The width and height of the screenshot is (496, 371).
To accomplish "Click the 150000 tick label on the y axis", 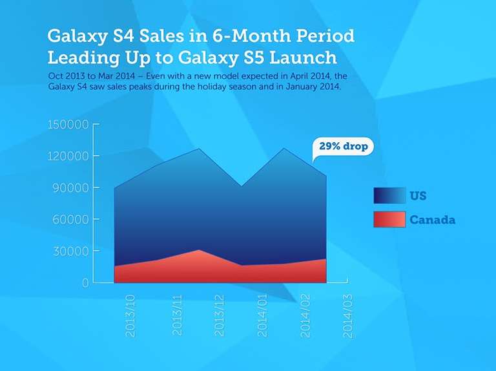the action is point(68,124).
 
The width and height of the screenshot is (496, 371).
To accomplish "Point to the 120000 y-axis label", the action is point(68,156).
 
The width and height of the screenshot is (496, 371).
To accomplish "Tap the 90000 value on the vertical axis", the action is point(71,187).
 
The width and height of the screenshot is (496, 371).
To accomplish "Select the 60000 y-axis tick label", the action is point(71,219).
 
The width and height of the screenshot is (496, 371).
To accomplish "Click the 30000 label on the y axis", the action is point(71,251).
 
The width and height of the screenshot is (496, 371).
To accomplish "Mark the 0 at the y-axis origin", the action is point(85,282).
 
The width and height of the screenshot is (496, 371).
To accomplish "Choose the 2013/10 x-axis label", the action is point(130,315).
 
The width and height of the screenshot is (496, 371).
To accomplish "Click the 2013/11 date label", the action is point(177,315).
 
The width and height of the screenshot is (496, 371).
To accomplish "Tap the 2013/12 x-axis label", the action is point(219,315).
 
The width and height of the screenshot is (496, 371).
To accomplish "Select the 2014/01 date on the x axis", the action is point(262,315).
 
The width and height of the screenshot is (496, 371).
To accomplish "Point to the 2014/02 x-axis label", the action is point(305,315).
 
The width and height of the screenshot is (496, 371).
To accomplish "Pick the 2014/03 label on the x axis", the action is point(348,315).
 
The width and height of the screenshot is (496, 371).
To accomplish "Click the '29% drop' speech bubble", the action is point(343,146).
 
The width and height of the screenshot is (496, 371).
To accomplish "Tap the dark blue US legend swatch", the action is point(389,195).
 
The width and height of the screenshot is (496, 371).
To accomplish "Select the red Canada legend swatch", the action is point(389,219).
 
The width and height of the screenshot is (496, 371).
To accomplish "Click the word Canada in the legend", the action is point(433,220).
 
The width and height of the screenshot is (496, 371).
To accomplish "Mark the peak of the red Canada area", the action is point(199,250).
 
